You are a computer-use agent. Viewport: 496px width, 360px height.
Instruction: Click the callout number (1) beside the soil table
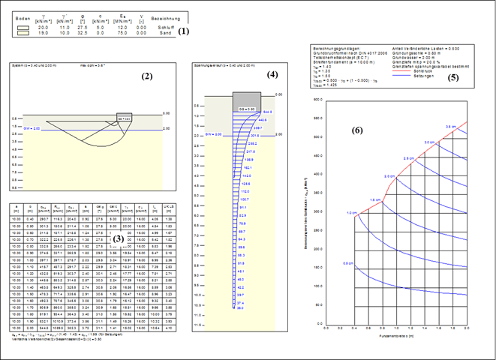coord(184,31)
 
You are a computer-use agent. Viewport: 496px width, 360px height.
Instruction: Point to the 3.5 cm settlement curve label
coord(450,127)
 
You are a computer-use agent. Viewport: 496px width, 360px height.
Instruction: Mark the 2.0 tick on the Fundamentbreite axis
coord(466,328)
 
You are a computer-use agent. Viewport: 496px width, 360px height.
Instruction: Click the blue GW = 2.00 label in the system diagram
coord(32,129)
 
